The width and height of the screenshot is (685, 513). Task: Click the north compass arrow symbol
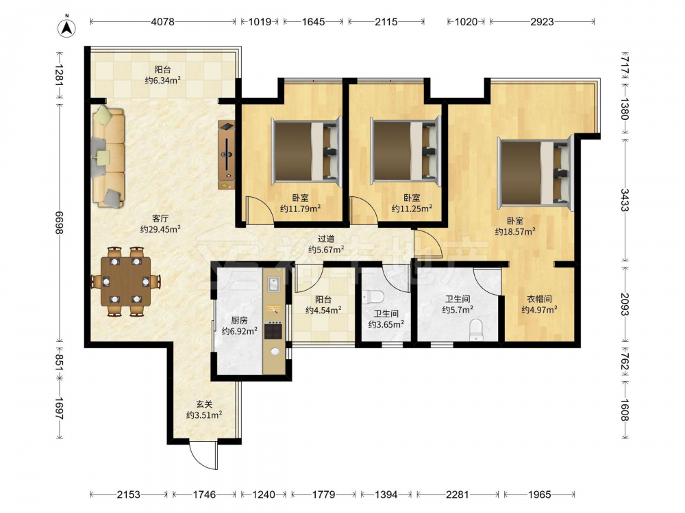tap(67, 27)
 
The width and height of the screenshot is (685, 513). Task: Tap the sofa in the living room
tap(108, 157)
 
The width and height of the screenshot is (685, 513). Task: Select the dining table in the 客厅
tap(125, 281)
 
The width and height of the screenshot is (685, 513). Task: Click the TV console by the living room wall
tap(226, 155)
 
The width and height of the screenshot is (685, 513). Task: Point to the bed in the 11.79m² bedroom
tap(306, 151)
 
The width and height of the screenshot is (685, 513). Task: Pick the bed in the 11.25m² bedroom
tap(406, 151)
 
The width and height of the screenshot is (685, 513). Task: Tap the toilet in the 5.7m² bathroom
tap(475, 330)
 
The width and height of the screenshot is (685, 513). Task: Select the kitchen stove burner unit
tap(274, 330)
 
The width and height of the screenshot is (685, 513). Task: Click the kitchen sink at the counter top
tap(274, 284)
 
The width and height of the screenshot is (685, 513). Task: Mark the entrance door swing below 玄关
tap(203, 455)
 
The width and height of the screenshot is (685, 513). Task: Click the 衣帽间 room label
tap(539, 299)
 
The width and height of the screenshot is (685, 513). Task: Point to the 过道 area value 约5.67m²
tap(326, 250)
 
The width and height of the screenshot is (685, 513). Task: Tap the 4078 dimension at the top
tap(163, 21)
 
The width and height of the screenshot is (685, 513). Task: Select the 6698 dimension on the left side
tap(59, 222)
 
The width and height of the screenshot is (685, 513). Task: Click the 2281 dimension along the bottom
tap(457, 495)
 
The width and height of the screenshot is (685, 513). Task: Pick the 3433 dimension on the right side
tap(625, 200)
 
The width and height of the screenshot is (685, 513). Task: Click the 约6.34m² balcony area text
tap(163, 80)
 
